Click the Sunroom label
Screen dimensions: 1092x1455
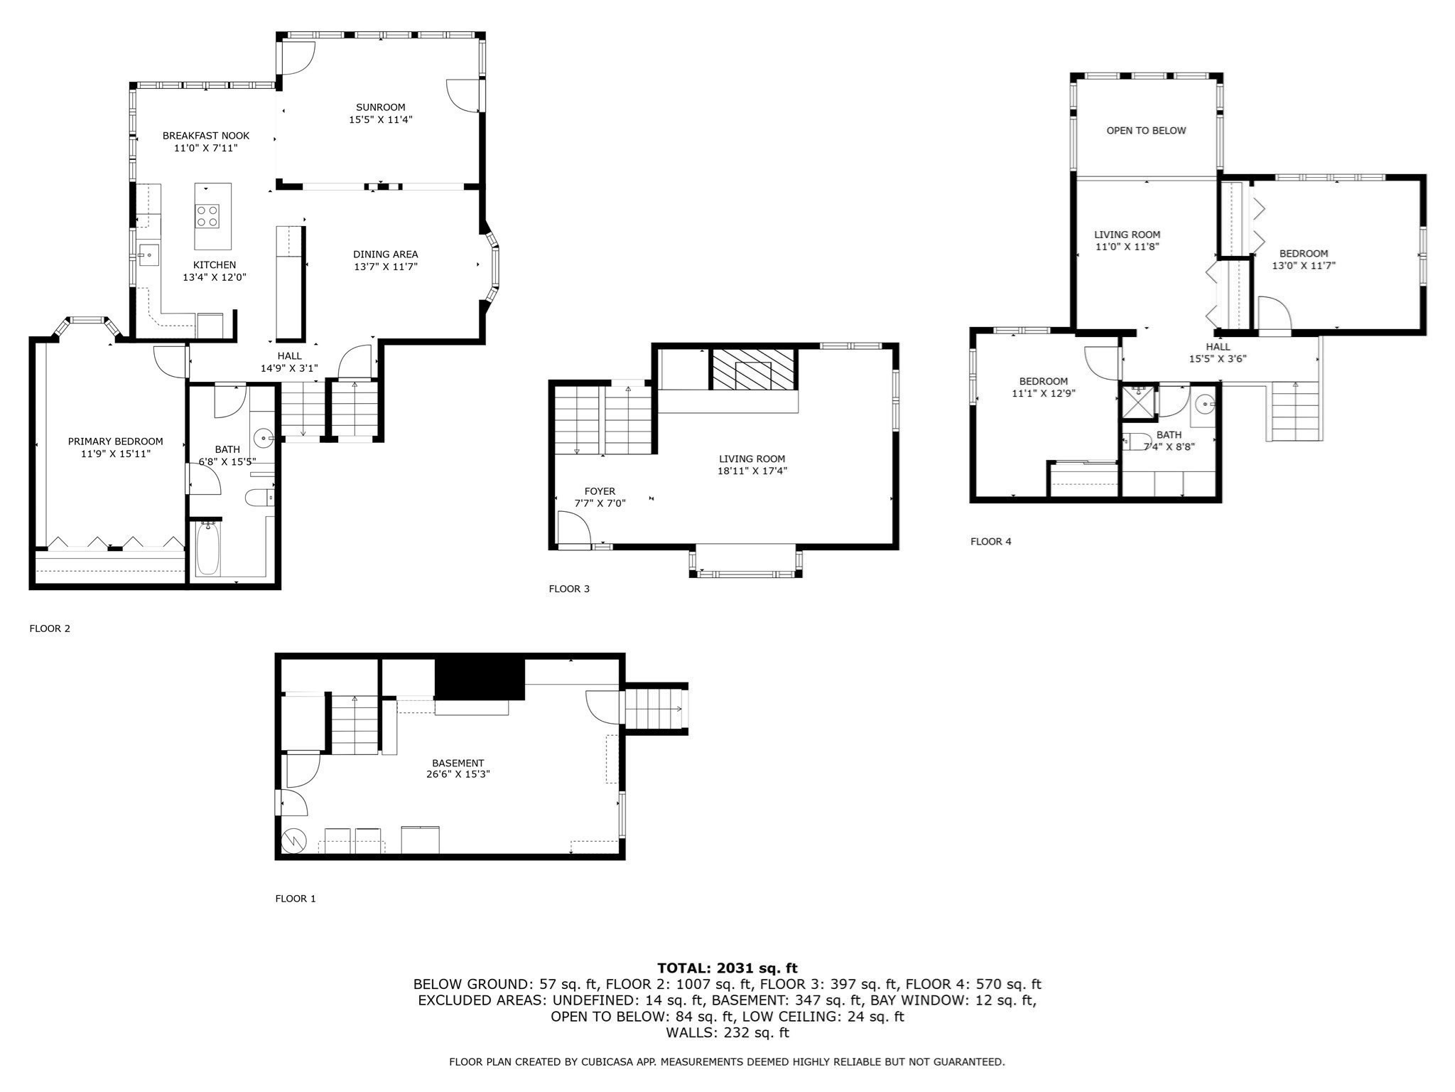point(380,107)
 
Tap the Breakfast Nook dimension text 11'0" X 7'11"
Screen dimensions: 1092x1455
point(205,148)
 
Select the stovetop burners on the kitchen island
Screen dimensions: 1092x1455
point(207,215)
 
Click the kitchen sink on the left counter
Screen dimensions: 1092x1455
point(148,255)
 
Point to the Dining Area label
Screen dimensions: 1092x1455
point(385,254)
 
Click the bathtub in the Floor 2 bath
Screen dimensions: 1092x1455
point(207,549)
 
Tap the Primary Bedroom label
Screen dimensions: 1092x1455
point(115,441)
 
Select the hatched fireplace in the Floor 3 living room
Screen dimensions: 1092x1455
point(753,370)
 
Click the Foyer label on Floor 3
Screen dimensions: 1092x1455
point(600,491)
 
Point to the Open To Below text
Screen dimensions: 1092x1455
point(1146,130)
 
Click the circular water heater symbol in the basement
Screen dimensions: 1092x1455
point(293,841)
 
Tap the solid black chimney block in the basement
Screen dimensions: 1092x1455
point(480,679)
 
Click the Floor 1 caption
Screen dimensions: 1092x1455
point(295,899)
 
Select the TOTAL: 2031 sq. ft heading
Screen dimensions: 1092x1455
point(727,968)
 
